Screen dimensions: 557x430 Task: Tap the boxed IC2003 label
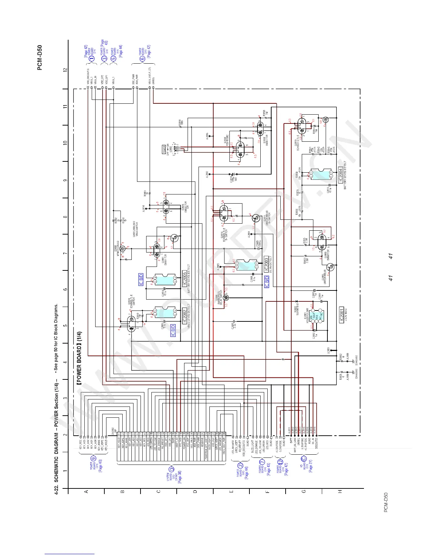(x=266, y=264)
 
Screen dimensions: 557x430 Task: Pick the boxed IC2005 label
(x=184, y=279)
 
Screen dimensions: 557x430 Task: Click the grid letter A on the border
(x=86, y=491)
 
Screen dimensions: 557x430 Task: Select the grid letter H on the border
(x=340, y=491)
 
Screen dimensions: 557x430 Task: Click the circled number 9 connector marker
(x=93, y=457)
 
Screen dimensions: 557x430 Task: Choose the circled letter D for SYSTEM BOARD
(x=171, y=469)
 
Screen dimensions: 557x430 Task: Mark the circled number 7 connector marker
(x=261, y=462)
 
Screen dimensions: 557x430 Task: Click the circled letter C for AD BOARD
(x=304, y=459)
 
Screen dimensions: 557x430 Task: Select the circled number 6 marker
(x=143, y=59)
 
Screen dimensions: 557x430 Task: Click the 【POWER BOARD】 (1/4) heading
(x=79, y=358)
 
